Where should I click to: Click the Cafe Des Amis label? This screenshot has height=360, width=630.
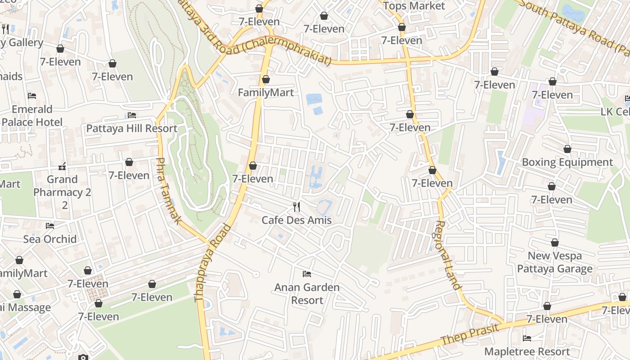click(297, 220)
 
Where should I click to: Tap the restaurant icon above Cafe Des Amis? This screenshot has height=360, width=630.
click(297, 207)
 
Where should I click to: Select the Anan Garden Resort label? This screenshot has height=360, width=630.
click(307, 293)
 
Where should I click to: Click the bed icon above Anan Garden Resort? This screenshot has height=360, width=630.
click(307, 274)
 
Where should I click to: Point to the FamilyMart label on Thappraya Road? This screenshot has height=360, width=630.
click(265, 93)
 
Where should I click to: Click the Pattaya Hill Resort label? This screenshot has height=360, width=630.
click(132, 128)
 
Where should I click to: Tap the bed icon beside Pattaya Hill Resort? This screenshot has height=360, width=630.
click(132, 115)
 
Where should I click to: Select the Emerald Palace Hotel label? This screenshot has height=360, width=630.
click(31, 116)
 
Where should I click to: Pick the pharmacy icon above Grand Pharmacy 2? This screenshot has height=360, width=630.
click(63, 166)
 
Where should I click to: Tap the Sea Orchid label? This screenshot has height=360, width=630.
click(50, 239)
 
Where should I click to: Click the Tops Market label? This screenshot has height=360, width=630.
click(414, 6)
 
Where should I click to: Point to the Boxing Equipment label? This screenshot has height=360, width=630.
click(567, 162)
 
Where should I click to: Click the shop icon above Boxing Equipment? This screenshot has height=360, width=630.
click(567, 149)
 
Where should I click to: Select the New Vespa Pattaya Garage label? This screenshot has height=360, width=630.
click(554, 262)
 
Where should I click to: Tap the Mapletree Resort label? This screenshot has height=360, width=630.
click(527, 351)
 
